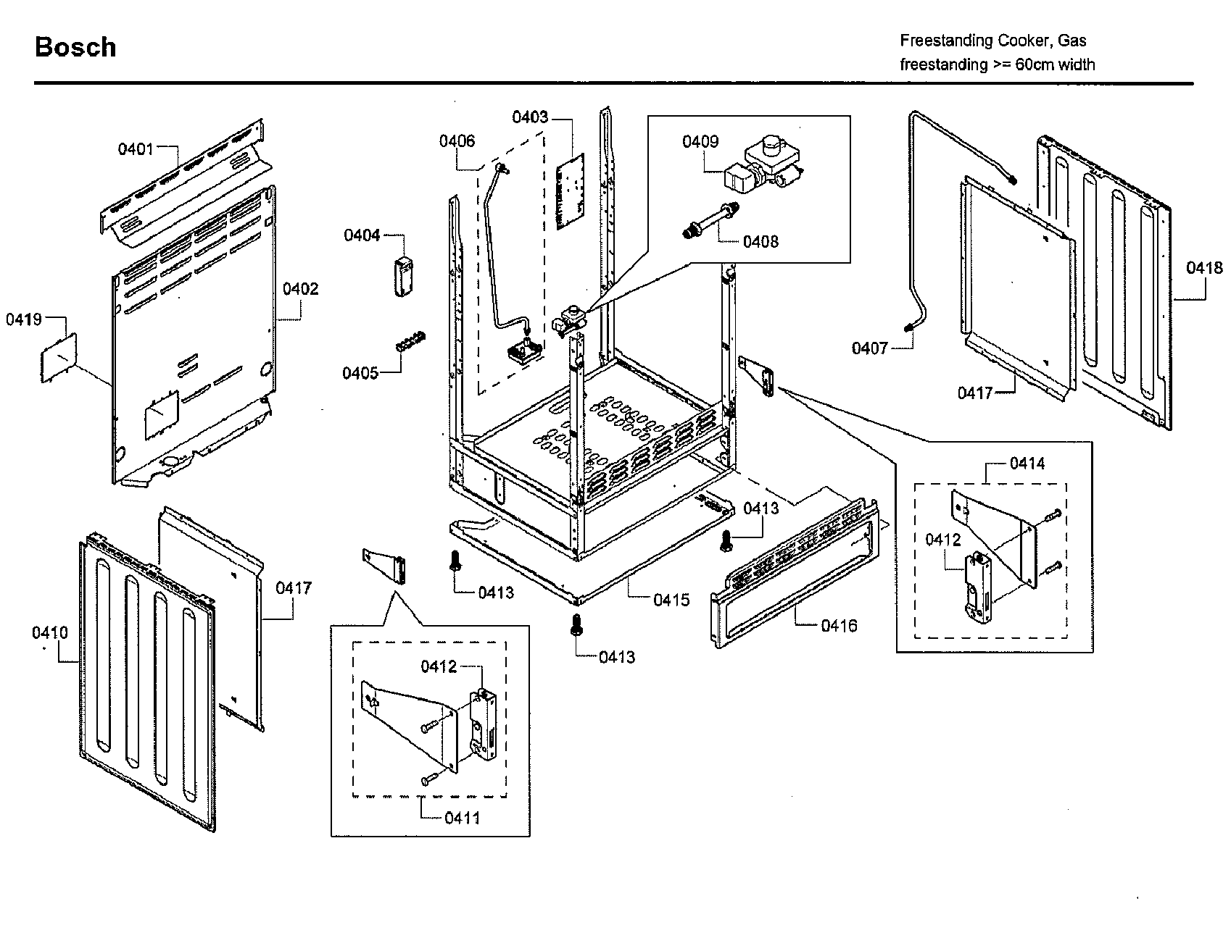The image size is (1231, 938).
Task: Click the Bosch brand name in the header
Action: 75,47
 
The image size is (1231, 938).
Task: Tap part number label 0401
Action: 136,149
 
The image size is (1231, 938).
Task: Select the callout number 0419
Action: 24,319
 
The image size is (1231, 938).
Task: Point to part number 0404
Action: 362,235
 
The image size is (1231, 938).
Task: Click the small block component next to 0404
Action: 402,275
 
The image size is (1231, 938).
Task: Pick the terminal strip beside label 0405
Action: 410,341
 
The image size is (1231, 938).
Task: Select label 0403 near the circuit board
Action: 530,117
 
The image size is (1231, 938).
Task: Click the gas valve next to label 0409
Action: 768,163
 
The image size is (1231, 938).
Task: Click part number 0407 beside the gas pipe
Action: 869,348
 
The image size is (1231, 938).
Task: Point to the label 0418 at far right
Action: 1204,268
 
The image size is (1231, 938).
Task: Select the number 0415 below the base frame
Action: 671,600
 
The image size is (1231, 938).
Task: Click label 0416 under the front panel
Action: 839,625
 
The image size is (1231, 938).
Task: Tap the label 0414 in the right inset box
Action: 1027,463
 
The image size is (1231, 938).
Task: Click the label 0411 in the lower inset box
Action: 462,818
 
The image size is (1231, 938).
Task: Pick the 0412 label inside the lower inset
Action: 439,666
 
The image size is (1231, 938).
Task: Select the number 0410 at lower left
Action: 49,633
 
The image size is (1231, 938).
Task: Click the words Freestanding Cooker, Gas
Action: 992,41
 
